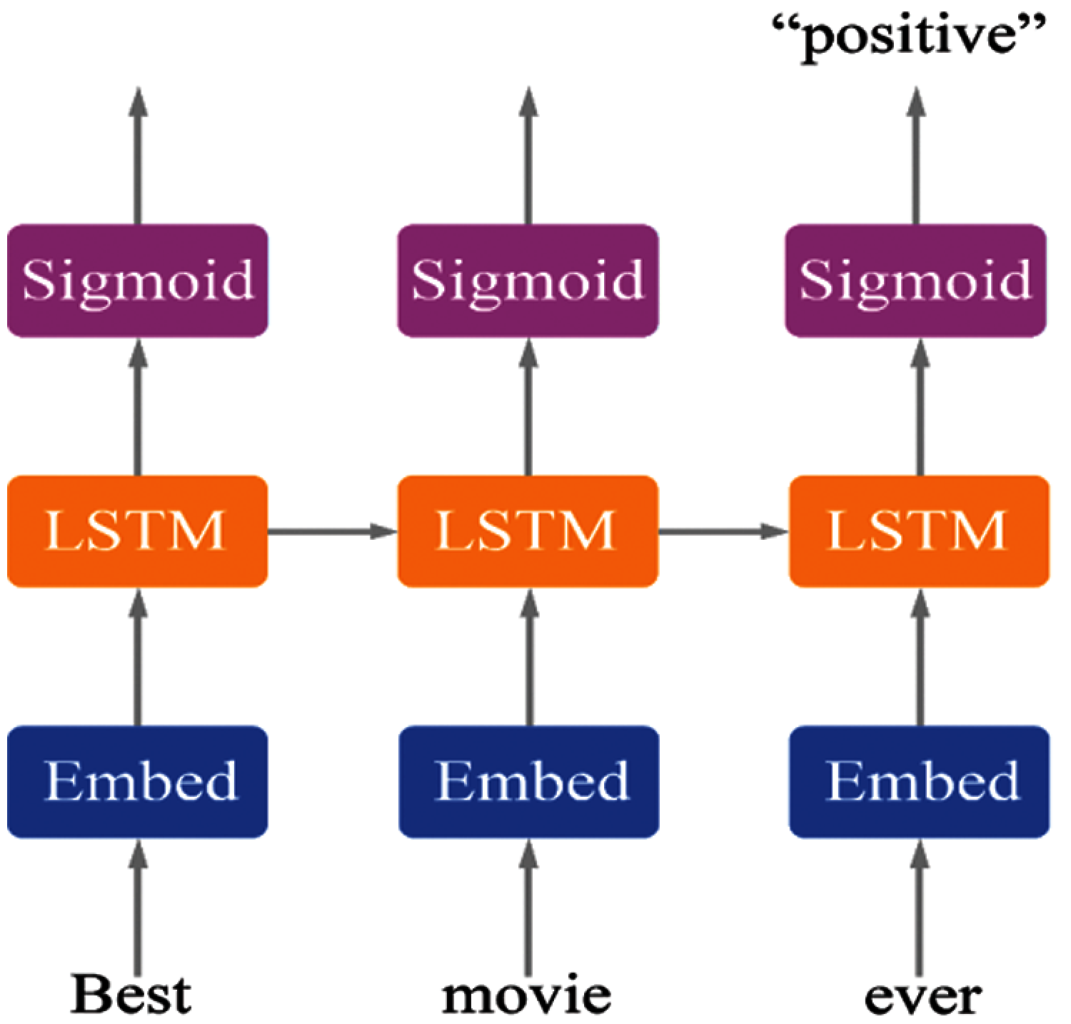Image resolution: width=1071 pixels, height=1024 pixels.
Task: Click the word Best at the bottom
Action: [131, 995]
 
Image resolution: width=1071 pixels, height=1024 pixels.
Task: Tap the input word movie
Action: [527, 995]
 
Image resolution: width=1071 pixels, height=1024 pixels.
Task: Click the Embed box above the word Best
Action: [137, 780]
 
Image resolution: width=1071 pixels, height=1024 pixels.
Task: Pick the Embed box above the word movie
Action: [528, 780]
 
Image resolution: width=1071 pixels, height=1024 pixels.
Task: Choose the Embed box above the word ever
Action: [920, 780]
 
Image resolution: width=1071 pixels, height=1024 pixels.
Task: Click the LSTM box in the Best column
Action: [137, 531]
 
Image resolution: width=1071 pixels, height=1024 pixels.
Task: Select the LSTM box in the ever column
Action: [920, 531]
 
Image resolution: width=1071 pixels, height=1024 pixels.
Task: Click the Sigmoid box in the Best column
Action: [137, 280]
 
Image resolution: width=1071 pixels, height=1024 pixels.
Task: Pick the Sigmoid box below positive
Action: [916, 280]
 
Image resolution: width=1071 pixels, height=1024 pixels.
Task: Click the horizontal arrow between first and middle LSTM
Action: [332, 531]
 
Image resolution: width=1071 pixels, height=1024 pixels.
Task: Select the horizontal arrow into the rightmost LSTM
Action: [723, 531]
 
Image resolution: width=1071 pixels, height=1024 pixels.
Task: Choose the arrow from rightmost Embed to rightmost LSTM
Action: [920, 657]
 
